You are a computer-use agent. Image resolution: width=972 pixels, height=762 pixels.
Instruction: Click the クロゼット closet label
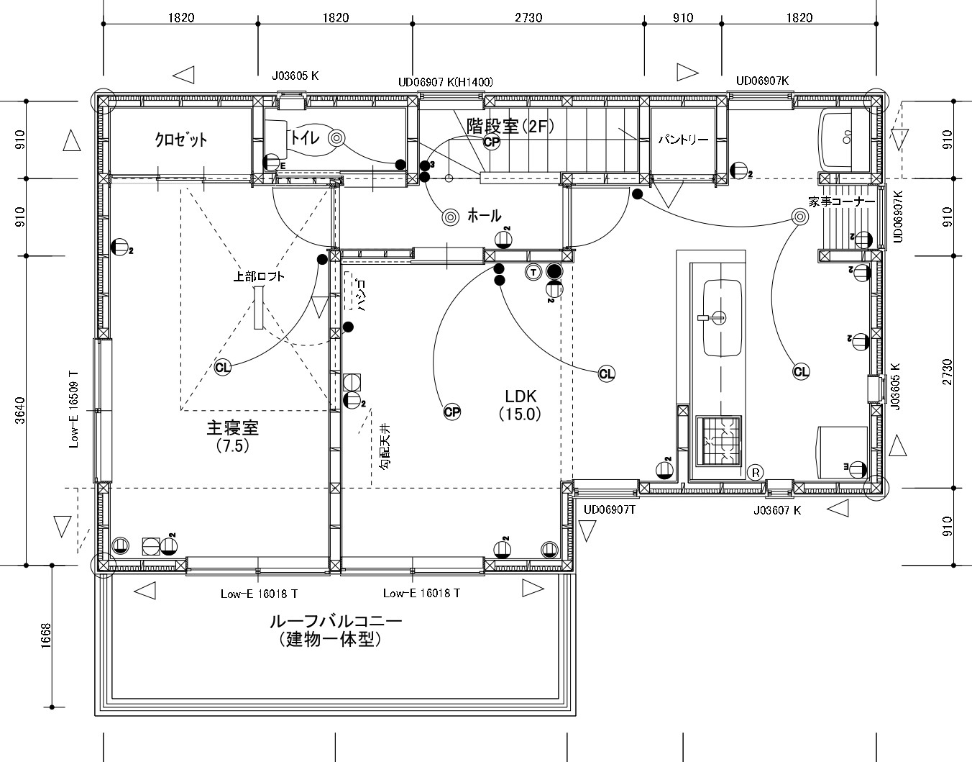(x=180, y=140)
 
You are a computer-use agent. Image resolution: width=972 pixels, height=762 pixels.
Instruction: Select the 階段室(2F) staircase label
(x=510, y=126)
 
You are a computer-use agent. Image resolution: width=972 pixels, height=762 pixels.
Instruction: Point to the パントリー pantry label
(x=683, y=140)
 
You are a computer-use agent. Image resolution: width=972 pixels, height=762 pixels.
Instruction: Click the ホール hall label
(x=484, y=216)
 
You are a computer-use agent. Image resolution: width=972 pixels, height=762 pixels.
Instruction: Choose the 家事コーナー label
(x=841, y=202)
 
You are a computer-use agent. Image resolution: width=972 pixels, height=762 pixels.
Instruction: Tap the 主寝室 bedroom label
(x=233, y=428)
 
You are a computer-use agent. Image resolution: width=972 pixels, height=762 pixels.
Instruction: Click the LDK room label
(x=521, y=396)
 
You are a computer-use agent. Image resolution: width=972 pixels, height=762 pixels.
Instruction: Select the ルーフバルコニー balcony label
(x=336, y=622)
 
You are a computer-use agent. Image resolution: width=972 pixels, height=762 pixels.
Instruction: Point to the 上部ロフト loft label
(x=259, y=277)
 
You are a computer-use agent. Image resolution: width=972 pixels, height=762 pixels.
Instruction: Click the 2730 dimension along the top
(x=528, y=17)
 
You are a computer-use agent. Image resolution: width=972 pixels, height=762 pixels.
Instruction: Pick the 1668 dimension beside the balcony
(x=45, y=635)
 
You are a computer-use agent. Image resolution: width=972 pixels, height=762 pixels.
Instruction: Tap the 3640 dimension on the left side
(x=20, y=410)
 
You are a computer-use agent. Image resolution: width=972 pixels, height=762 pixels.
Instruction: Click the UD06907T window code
(x=609, y=510)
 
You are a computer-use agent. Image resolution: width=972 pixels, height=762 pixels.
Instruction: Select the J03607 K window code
(x=777, y=510)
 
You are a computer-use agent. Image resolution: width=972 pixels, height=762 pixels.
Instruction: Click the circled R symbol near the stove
(x=756, y=473)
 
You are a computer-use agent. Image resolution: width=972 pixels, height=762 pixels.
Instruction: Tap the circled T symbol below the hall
(x=533, y=272)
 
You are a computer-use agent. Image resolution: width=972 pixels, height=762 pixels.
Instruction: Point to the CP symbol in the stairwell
(x=492, y=142)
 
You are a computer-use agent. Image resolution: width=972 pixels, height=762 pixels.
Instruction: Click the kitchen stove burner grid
(x=718, y=440)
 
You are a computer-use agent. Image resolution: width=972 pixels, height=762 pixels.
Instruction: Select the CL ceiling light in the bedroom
(x=223, y=368)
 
